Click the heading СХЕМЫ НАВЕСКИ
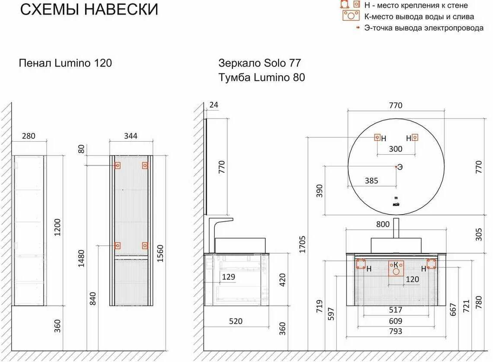click(x=89, y=10)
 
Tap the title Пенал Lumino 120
click(x=65, y=63)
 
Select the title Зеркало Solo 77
click(x=260, y=63)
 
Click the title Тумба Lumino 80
click(x=261, y=77)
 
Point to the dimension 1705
click(x=302, y=244)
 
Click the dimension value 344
click(x=130, y=136)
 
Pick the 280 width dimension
click(x=29, y=136)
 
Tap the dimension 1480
click(x=81, y=258)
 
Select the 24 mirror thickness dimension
click(x=214, y=105)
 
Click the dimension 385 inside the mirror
click(x=371, y=181)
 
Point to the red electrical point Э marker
click(x=396, y=167)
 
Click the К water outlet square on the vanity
click(x=396, y=268)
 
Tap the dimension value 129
click(x=228, y=277)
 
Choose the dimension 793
click(x=395, y=331)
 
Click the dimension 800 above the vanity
click(x=383, y=224)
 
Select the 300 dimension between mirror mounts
click(x=395, y=149)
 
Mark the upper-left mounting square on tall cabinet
click(x=117, y=165)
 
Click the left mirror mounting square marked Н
click(x=377, y=137)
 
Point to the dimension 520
click(x=236, y=321)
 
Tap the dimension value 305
click(x=479, y=235)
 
